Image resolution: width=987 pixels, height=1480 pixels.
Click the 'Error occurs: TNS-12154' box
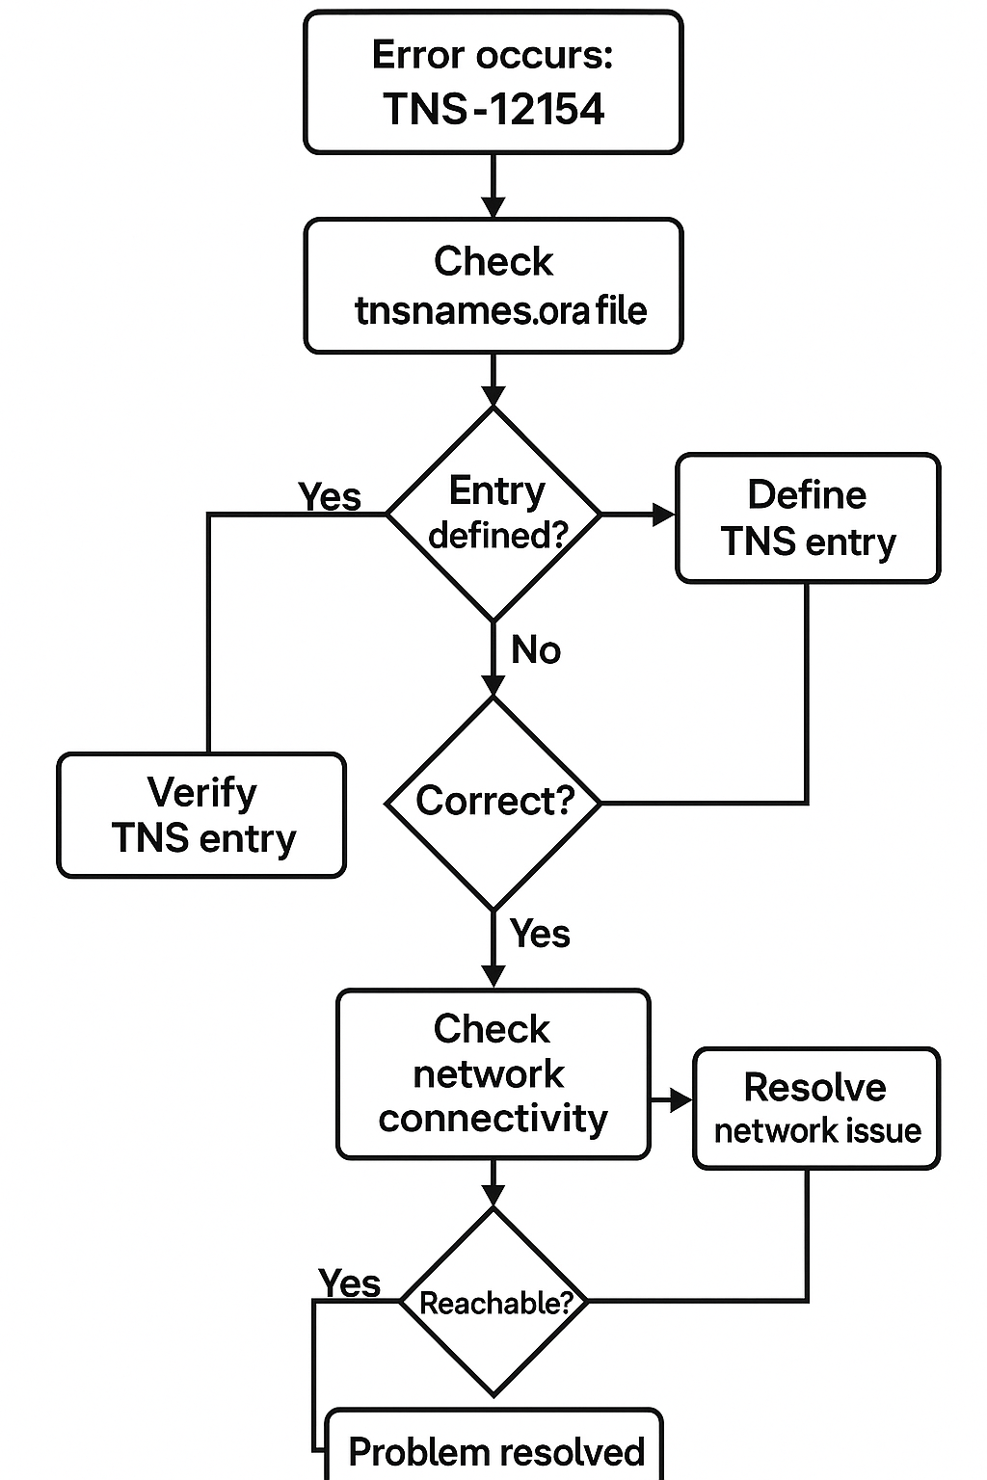[493, 83]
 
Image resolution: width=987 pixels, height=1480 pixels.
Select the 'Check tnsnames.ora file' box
[493, 286]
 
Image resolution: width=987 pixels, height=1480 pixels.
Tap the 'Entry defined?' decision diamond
[493, 514]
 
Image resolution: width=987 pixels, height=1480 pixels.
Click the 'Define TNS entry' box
[808, 518]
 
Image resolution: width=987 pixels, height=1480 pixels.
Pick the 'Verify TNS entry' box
[201, 815]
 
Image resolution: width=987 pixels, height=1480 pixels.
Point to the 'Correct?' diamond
[493, 802]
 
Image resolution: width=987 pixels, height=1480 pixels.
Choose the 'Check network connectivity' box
[493, 1073]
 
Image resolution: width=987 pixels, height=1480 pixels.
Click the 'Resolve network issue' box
[815, 1109]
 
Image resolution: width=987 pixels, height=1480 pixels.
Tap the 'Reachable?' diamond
[493, 1302]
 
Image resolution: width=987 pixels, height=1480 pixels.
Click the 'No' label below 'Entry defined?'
[535, 650]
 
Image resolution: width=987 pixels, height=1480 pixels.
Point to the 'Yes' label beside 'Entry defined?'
[330, 497]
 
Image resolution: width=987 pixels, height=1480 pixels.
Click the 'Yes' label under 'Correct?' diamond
[540, 934]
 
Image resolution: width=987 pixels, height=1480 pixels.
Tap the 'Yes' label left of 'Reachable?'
[349, 1283]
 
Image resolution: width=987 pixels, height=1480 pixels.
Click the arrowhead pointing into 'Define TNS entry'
[664, 515]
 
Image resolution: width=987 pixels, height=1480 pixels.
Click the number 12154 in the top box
[547, 109]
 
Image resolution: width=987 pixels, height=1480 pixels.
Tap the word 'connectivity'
[493, 1119]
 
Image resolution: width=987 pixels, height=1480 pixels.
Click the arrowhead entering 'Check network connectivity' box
[493, 976]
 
